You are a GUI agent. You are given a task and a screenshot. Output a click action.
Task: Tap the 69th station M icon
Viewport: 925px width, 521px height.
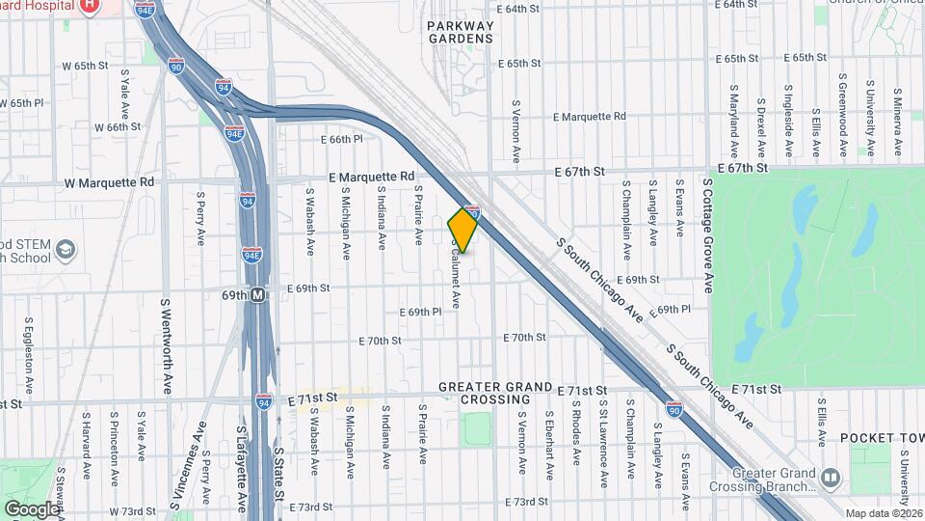point(258,296)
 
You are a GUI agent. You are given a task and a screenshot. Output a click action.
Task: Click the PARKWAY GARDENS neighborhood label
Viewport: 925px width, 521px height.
point(461,32)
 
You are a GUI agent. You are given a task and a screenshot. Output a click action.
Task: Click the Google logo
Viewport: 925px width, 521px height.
point(31,508)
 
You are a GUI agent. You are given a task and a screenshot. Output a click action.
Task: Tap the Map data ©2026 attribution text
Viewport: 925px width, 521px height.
point(884,513)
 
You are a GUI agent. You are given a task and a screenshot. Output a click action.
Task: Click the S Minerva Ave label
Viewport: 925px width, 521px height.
point(897,124)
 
